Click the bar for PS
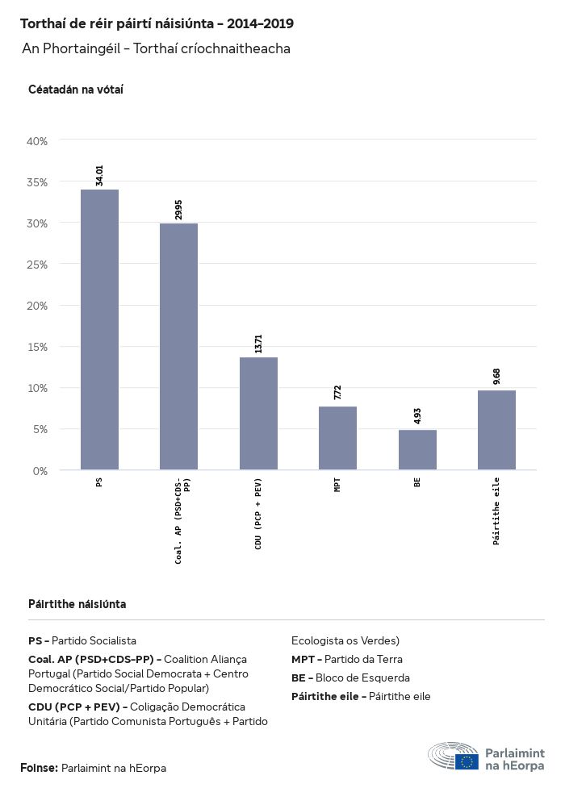[99, 329]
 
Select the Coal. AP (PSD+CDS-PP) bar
[178, 346]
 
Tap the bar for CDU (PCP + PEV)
[258, 413]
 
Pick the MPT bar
[337, 438]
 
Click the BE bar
[417, 449]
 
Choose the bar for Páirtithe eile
[496, 430]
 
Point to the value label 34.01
[99, 175]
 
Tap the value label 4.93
[417, 417]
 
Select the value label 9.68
[496, 377]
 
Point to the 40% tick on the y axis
[38, 141]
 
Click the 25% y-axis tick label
[38, 265]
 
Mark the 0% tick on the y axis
[40, 470]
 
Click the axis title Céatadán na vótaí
[76, 89]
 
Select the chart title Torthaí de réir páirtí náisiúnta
[157, 24]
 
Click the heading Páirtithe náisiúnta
[77, 604]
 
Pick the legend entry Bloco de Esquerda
[350, 678]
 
